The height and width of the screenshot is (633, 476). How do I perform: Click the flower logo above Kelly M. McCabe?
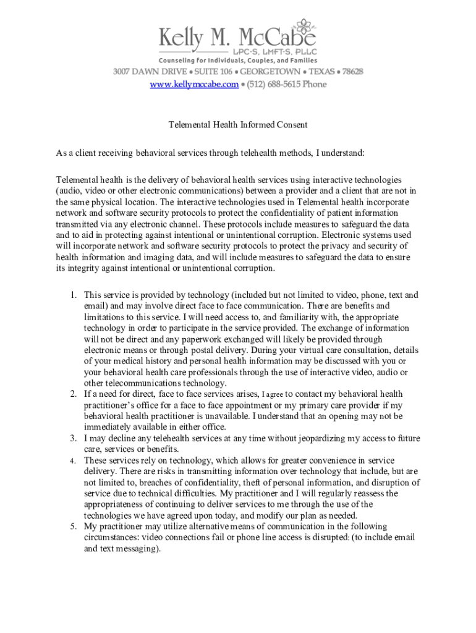(x=305, y=26)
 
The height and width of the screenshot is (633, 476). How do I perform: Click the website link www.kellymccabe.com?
(x=193, y=84)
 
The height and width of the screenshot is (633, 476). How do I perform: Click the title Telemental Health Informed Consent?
(x=238, y=125)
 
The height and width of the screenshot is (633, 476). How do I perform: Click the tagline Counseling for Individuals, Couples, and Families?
(x=238, y=61)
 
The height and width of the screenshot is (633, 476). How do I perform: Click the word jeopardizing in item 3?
(x=323, y=438)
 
